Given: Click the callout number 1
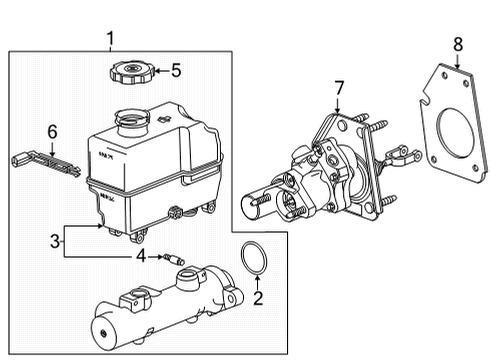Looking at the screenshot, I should point(111,39).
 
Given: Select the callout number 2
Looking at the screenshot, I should point(257,298).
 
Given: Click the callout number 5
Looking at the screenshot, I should point(176,71).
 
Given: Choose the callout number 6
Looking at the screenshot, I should point(54,130).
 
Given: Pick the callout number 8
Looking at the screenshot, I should point(458,44).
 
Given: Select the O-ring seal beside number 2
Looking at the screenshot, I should point(255,258).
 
